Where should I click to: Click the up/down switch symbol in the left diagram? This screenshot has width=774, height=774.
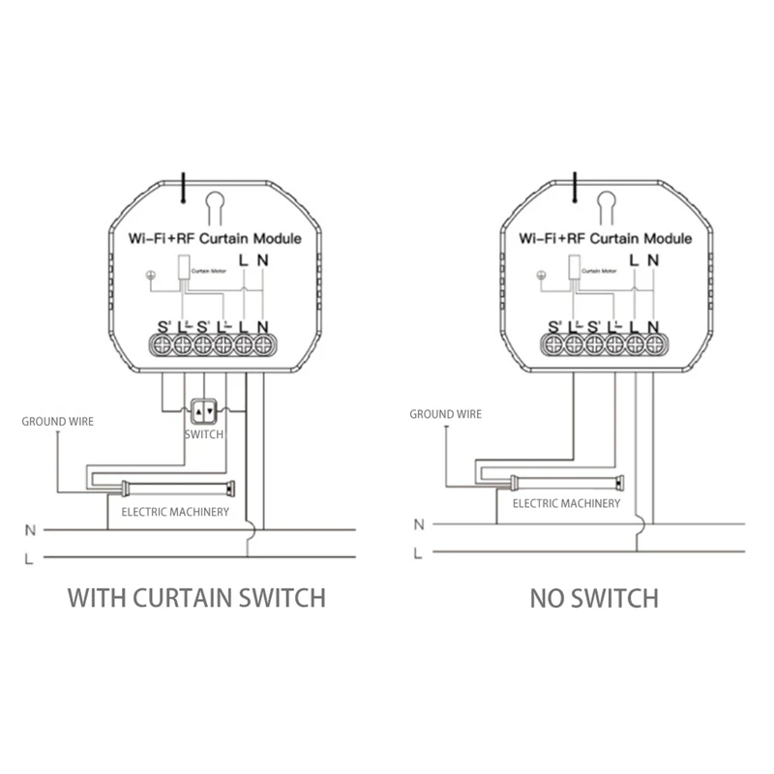203,410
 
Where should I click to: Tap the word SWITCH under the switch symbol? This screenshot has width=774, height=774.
203,434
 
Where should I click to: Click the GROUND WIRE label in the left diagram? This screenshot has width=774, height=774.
58,422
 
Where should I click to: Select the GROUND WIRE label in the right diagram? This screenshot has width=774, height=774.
445,414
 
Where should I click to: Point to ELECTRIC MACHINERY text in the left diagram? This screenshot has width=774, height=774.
174,511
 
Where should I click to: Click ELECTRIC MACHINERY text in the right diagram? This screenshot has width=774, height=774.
566,503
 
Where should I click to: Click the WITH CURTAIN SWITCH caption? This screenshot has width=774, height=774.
196,597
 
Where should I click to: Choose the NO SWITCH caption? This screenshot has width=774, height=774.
594,598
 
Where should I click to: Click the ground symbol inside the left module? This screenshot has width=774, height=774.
149,274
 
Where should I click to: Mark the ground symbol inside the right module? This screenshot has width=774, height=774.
541,274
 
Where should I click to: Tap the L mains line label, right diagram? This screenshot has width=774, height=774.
418,553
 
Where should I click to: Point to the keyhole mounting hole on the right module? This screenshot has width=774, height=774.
607,203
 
